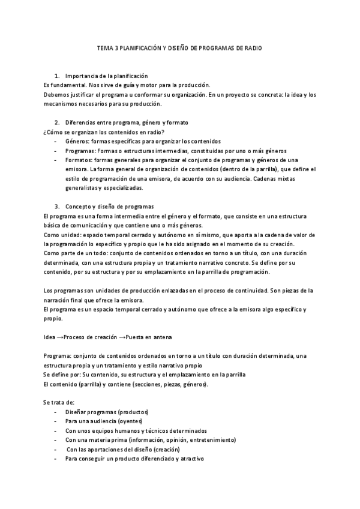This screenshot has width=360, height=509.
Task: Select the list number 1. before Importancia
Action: tap(57, 76)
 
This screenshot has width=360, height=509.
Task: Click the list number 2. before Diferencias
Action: tap(57, 122)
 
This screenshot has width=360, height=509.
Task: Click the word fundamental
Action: tap(63, 85)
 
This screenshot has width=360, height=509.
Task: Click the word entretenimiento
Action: tap(209, 440)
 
